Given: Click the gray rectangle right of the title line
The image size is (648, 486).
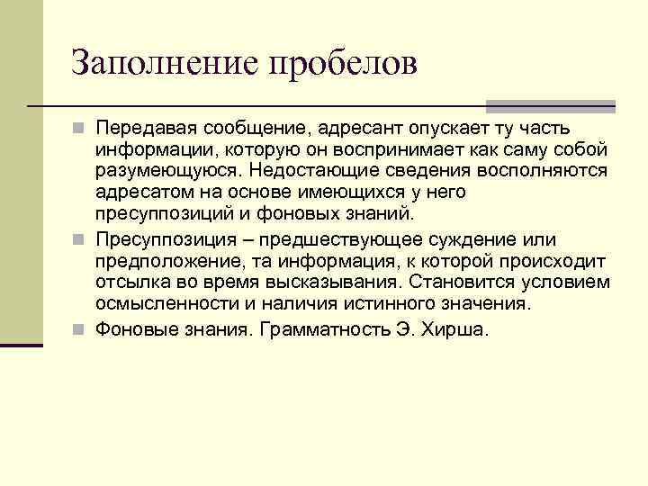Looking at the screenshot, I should pyautogui.click(x=550, y=106).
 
